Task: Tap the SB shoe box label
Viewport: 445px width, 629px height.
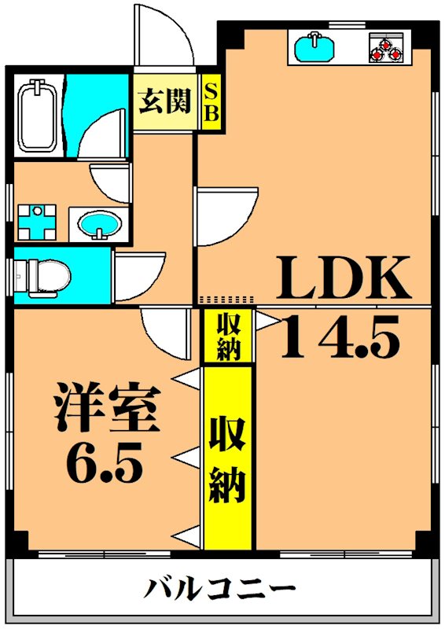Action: coord(211,102)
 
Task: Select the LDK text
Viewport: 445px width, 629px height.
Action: coord(344,278)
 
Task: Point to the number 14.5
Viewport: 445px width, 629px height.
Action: coord(340,337)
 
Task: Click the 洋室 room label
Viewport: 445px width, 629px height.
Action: coord(108,407)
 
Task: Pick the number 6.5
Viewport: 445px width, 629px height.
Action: coord(105,462)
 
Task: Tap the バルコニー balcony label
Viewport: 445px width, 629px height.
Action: coord(219,588)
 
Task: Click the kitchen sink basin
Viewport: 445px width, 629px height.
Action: coord(314,47)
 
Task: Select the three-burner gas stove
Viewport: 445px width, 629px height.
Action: coord(386,47)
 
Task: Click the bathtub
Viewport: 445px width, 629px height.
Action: coord(37,116)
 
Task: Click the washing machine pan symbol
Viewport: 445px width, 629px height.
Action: coord(37,222)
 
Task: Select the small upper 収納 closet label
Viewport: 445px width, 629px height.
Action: coord(229,337)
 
